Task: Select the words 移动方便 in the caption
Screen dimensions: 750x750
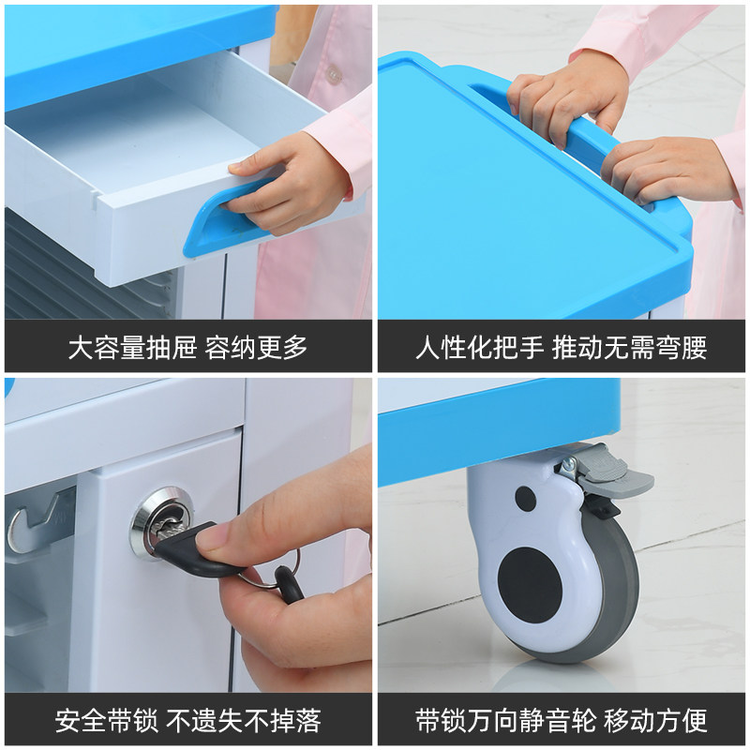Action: [x=655, y=721]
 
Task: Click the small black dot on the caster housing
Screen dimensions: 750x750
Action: [x=526, y=498]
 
